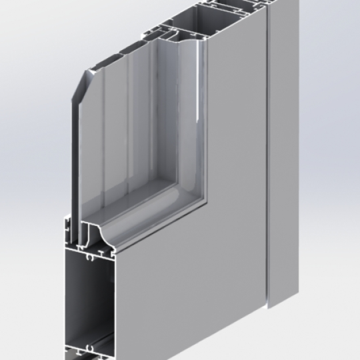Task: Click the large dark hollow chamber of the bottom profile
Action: click(87, 293)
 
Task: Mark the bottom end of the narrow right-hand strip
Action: click(283, 303)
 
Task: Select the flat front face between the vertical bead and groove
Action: click(237, 133)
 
